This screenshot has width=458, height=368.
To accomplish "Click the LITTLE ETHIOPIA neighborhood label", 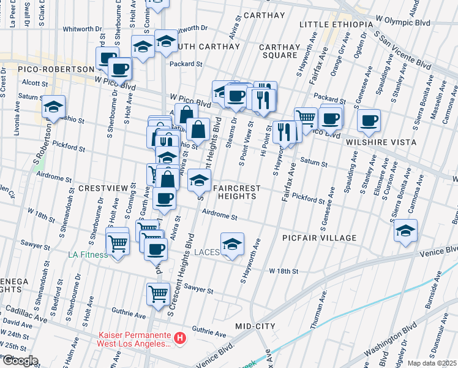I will pos(336,24).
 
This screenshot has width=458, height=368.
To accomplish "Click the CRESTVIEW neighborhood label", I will pos(101,187).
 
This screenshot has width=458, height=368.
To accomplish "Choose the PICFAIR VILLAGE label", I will pos(320,237).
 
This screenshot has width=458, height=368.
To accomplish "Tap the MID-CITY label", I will pos(255,326).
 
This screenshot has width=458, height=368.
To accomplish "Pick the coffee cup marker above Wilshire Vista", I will pos(369,120).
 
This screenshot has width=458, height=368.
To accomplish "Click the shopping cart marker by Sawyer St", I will pos(158,294).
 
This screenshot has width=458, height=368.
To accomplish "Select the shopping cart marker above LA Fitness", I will pos(118,242).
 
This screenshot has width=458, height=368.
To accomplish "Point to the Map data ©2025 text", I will pos(432,363).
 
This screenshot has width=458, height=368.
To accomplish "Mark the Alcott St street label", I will pos(34,83).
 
